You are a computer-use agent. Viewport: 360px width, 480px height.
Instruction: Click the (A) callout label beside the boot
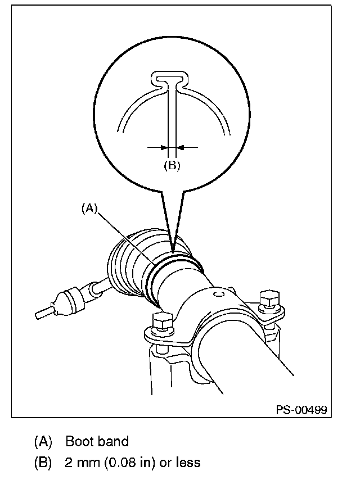coord(90,209)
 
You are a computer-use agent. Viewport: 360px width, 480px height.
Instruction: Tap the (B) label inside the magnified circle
coord(171,165)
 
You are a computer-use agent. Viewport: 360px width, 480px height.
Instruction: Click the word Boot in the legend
coord(78,442)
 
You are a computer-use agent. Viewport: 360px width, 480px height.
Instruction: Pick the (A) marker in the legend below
coord(43,442)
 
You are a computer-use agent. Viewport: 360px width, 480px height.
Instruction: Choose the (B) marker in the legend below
coord(43,463)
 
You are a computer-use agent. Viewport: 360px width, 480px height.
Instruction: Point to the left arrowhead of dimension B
coord(164,147)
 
